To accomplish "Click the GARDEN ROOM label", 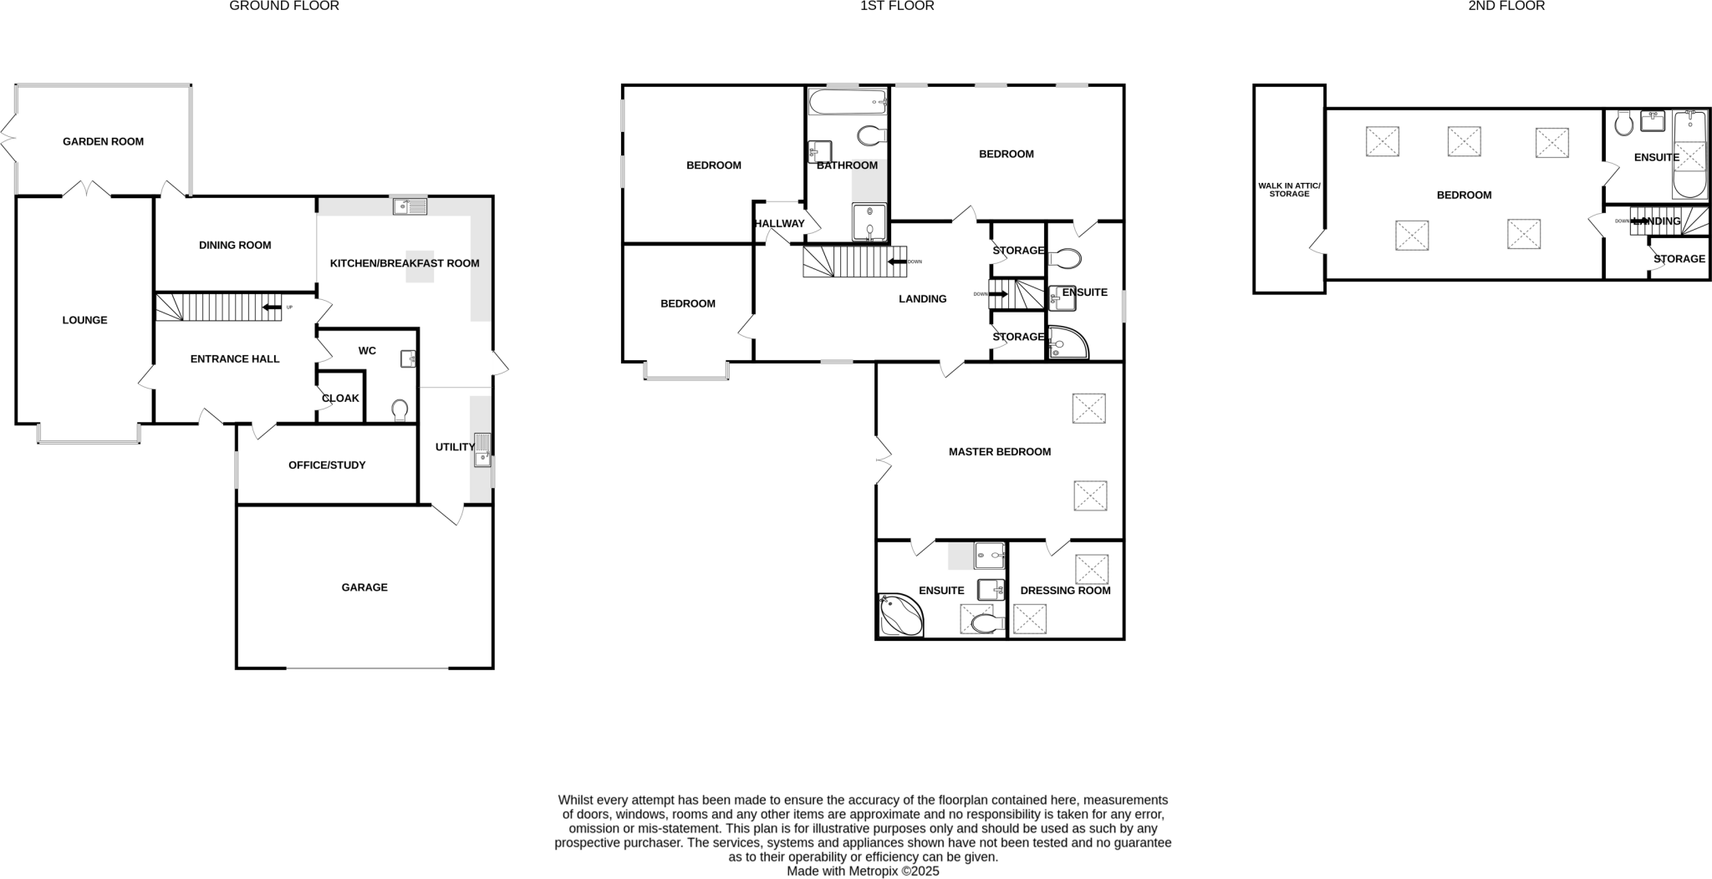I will (x=103, y=142).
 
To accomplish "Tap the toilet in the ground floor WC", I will (x=400, y=409).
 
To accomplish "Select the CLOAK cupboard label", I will (x=340, y=399).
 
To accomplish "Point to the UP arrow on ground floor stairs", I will (x=272, y=307).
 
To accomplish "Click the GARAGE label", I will (x=364, y=587).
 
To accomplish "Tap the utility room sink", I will (x=482, y=450).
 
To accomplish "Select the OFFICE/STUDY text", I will (x=327, y=465).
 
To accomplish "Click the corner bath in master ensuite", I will (x=899, y=616).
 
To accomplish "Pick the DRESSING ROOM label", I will (x=1065, y=591).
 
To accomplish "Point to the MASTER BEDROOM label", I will (x=999, y=452).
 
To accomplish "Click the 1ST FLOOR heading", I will (x=897, y=6).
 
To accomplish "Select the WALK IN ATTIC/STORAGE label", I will (x=1289, y=190).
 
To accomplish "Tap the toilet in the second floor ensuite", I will (x=1624, y=124).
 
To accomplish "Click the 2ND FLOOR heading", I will (x=1506, y=6).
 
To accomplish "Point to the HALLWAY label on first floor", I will (x=779, y=224).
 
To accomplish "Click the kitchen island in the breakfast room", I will (x=420, y=267).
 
